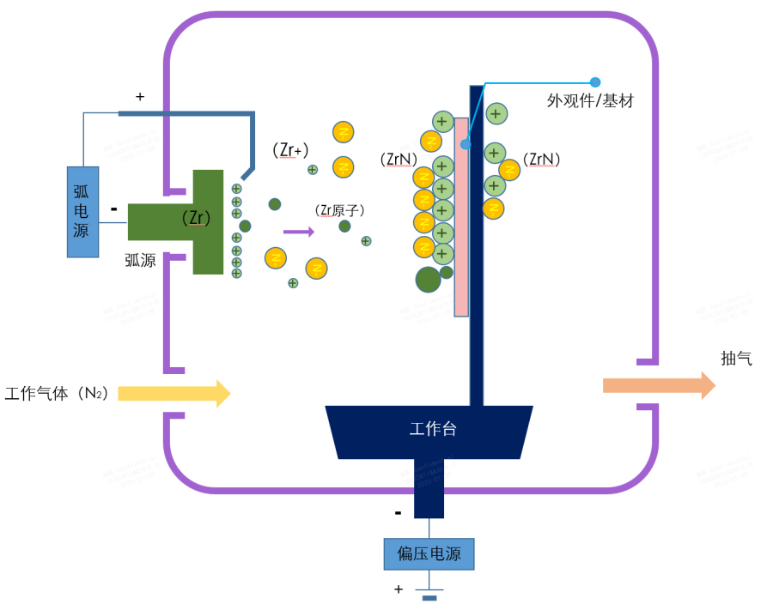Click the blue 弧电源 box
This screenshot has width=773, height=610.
click(83, 211)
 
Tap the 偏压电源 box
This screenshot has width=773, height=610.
click(429, 554)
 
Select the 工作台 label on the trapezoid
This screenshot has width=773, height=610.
click(433, 429)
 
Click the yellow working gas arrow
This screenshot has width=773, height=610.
click(173, 393)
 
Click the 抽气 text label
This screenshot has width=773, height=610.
click(736, 359)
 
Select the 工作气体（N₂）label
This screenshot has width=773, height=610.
click(57, 394)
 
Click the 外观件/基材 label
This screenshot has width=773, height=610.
click(590, 101)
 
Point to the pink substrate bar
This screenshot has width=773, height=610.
click(461, 215)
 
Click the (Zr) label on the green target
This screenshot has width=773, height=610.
click(197, 218)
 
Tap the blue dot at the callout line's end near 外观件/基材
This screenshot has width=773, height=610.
click(595, 82)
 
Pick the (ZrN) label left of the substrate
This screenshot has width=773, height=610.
click(398, 159)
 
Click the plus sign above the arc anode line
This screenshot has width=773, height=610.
click(140, 97)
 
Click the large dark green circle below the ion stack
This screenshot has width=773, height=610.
click(429, 279)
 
